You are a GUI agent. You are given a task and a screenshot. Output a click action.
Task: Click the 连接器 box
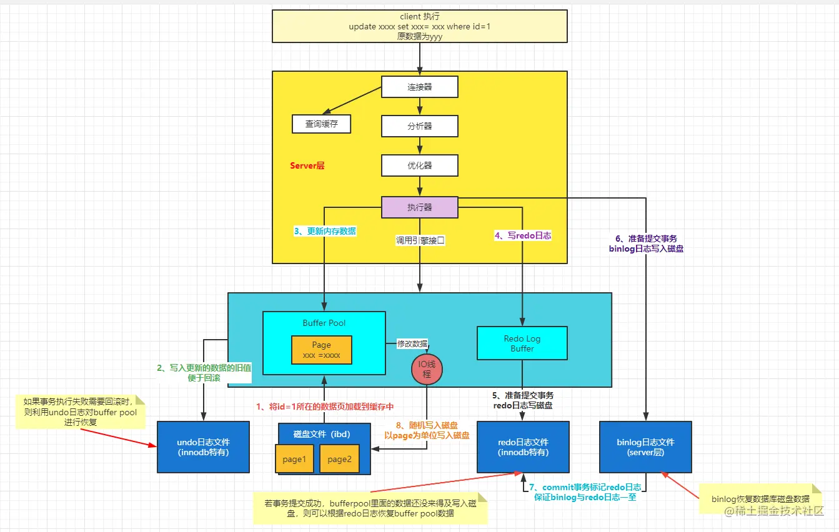(x=420, y=87)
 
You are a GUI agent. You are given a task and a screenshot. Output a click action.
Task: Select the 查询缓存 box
(x=321, y=124)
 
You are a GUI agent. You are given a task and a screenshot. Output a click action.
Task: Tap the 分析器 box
(x=420, y=126)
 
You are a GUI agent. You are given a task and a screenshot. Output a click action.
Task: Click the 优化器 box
(x=420, y=165)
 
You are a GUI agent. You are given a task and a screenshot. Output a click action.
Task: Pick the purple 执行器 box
(x=420, y=207)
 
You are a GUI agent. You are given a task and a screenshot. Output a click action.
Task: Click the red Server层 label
(x=307, y=166)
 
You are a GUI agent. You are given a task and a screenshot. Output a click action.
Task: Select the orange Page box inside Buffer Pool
(x=321, y=350)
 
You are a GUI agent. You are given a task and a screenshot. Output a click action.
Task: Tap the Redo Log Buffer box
(x=522, y=343)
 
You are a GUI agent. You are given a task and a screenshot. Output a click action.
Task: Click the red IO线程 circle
(x=427, y=368)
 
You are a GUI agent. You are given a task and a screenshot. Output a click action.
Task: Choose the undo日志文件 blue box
(x=203, y=447)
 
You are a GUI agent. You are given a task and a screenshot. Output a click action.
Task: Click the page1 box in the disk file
(x=294, y=459)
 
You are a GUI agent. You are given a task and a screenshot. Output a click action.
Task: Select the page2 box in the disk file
(x=339, y=459)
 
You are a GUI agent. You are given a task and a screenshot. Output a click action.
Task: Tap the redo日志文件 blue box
(x=523, y=447)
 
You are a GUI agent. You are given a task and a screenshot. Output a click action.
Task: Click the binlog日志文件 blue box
(x=645, y=447)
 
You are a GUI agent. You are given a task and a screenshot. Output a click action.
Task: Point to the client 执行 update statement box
(x=420, y=26)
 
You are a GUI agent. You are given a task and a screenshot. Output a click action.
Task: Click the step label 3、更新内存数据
(x=325, y=231)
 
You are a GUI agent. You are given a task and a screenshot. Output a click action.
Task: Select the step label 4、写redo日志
(x=523, y=236)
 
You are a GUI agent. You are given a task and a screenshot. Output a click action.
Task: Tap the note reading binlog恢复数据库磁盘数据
(x=760, y=498)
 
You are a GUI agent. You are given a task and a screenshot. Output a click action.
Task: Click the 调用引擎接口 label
(x=420, y=240)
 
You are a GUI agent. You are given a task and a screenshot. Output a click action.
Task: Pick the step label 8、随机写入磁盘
(x=427, y=425)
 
